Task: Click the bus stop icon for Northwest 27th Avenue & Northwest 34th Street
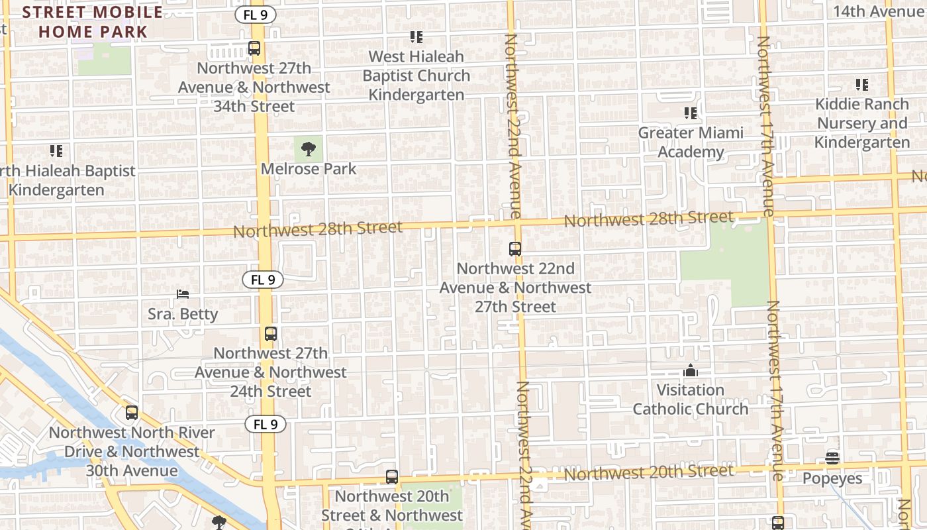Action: point(254,48)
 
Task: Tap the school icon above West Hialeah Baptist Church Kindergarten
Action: point(416,37)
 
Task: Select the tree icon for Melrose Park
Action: point(308,149)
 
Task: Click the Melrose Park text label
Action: point(308,169)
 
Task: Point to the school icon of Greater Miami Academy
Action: point(691,113)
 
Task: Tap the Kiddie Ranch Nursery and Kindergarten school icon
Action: point(861,85)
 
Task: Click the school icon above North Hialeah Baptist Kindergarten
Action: point(56,151)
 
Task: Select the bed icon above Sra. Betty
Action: point(183,293)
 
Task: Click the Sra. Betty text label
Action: point(183,313)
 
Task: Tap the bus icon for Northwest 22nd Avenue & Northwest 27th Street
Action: point(515,249)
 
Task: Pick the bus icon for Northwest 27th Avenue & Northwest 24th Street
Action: point(270,334)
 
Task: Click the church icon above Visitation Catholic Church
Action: point(691,370)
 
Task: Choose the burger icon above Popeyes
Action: point(832,458)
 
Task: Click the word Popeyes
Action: point(832,478)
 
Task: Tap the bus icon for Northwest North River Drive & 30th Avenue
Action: point(132,413)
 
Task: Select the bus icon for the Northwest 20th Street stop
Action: point(392,477)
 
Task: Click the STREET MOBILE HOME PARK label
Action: point(93,21)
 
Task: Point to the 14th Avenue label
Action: point(877,11)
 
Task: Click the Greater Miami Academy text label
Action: point(691,142)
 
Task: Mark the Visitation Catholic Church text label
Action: point(691,399)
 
